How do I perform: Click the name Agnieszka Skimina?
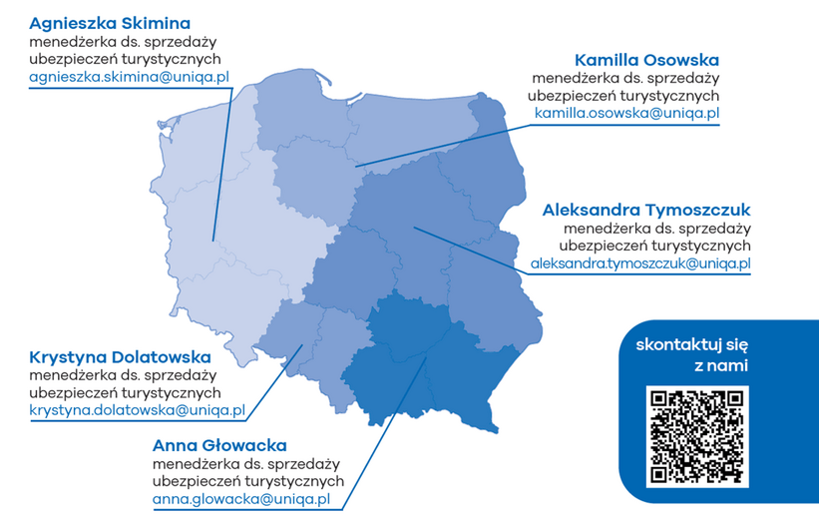pyautogui.click(x=110, y=22)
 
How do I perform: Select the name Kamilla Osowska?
pyautogui.click(x=646, y=59)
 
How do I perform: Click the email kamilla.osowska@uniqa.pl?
pyautogui.click(x=626, y=114)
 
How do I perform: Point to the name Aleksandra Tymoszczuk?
pyautogui.click(x=645, y=210)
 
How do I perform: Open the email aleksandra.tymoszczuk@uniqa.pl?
pyautogui.click(x=640, y=264)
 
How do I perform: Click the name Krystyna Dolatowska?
pyautogui.click(x=120, y=356)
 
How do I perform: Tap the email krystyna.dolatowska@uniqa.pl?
pyautogui.click(x=137, y=410)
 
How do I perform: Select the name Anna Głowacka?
pyautogui.click(x=219, y=445)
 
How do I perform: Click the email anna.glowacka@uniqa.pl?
pyautogui.click(x=241, y=499)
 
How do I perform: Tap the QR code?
pyautogui.click(x=697, y=436)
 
